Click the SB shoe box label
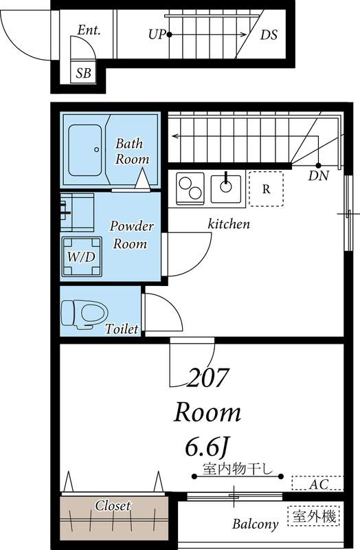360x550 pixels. pos(83,73)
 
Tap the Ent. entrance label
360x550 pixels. pos(89,30)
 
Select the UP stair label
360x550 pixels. pos(157,34)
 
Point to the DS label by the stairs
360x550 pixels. pos(269,35)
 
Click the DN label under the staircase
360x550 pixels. pos(318,175)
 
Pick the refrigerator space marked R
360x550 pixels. pos(266,188)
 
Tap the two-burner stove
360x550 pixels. pos(190,188)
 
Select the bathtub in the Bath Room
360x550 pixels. pos(85,150)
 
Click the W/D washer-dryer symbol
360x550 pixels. pos(82,257)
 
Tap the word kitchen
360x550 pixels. pos(229,224)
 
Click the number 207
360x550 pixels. pos(207,377)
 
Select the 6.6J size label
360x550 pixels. pos(207,448)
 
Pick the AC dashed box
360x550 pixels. pos(317,483)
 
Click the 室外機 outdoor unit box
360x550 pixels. pos(314,516)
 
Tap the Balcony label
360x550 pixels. pos(255,524)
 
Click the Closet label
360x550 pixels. pos(113,505)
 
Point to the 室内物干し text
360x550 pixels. pos(238,469)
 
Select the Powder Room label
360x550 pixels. pos(131,234)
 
